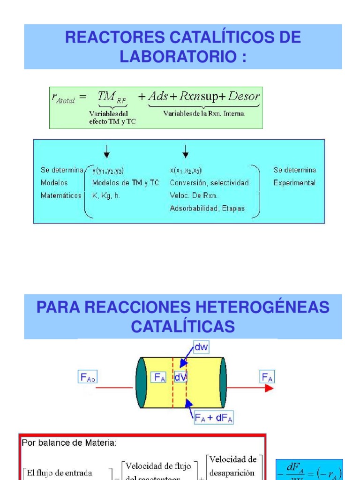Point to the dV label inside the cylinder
coord(181,377)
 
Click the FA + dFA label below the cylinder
coord(214,417)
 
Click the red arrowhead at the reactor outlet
coord(269,388)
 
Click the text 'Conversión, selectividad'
coord(209,183)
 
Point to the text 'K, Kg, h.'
coord(106,195)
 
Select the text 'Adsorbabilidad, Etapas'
coord(207,209)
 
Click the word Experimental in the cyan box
coord(294,183)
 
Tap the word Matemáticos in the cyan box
coord(61,195)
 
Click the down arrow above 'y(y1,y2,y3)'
coord(107,151)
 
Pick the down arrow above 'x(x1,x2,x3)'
coord(186,151)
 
